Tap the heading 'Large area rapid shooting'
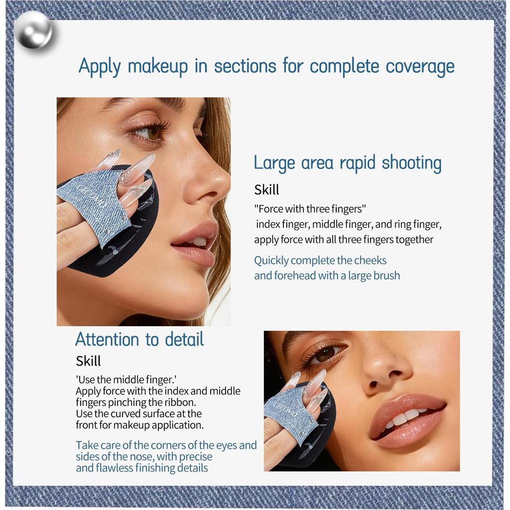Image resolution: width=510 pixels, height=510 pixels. click(x=347, y=163)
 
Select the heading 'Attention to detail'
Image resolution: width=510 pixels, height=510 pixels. click(x=139, y=339)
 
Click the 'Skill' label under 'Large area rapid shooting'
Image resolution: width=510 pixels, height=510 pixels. click(x=266, y=190)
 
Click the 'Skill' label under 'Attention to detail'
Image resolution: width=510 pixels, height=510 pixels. click(x=88, y=361)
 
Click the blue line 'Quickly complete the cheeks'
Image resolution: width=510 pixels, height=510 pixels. click(x=320, y=260)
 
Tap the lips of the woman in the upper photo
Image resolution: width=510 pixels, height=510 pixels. click(x=196, y=242)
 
